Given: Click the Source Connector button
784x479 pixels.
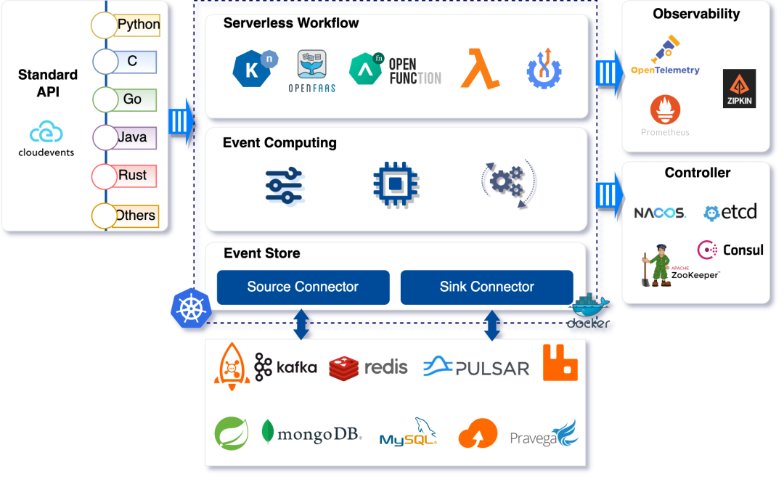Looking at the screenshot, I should tap(303, 287).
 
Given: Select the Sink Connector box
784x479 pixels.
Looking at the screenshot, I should tap(486, 287).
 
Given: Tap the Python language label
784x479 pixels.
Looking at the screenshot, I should tap(138, 25).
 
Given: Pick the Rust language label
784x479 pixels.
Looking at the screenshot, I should tap(132, 176).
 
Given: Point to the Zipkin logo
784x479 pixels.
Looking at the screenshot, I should tap(739, 89).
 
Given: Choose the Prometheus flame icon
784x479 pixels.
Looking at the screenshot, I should tap(665, 111).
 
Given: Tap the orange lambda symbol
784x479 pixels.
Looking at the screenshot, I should tap(480, 68).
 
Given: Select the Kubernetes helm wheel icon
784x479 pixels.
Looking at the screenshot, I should tap(190, 308).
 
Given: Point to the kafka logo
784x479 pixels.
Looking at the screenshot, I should tap(286, 367).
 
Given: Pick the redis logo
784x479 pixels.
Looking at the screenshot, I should tap(368, 367).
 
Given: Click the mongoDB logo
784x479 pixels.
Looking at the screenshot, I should tap(311, 433).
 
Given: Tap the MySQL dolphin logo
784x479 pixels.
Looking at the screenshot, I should tap(409, 432).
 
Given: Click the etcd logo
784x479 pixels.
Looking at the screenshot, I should tap(730, 212).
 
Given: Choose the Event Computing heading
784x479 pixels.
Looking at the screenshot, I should tap(279, 143).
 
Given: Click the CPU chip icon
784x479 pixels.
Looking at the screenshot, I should tap(395, 184).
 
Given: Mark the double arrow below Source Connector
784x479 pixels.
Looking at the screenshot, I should tap(301, 324).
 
